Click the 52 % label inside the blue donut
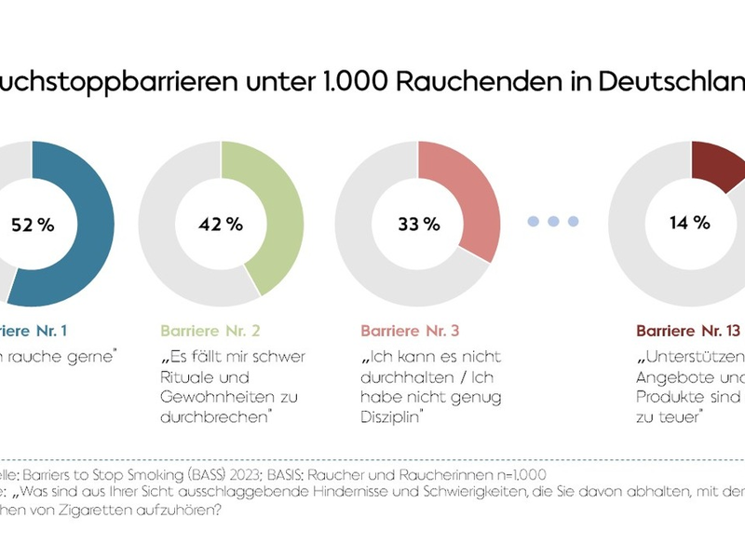(32, 225)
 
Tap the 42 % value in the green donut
(222, 225)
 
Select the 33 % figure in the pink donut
(418, 225)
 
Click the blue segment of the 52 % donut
(88, 224)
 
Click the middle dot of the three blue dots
(553, 221)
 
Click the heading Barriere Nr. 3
(411, 331)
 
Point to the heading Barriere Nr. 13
(688, 331)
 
